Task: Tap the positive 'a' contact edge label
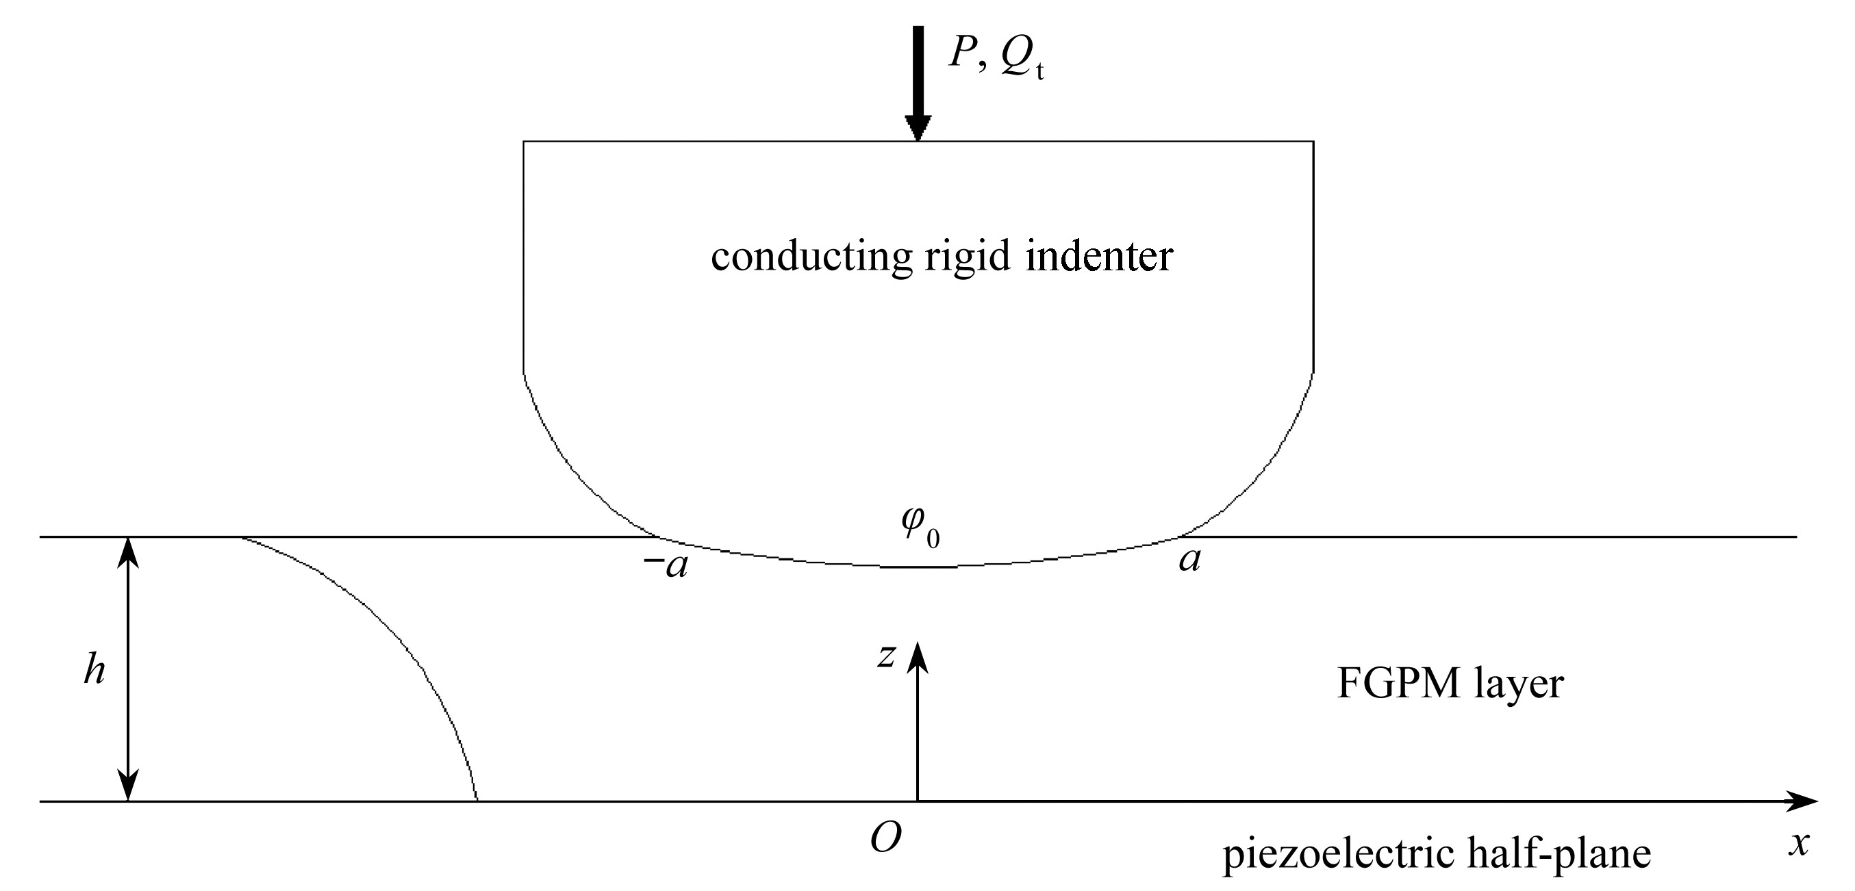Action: click(1189, 560)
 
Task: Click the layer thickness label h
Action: click(94, 671)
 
